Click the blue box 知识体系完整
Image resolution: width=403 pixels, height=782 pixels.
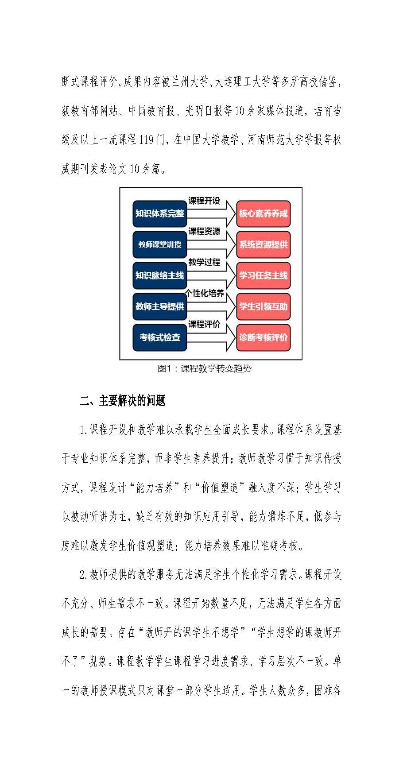coord(159,213)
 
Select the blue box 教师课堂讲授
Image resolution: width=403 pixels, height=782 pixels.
coord(159,244)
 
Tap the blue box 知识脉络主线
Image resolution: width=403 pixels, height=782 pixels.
coord(159,275)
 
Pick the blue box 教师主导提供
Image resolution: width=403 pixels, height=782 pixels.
coord(159,306)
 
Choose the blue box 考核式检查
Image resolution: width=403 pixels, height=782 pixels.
coord(159,337)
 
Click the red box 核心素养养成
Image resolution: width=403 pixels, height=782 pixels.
coord(263,213)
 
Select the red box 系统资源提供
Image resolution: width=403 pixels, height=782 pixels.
coord(263,244)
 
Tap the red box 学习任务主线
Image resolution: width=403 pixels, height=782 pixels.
coord(263,275)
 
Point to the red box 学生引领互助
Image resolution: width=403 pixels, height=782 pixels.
coord(263,306)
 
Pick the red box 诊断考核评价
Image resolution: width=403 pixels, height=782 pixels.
coord(263,337)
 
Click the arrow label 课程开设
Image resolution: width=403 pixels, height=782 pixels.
coord(204,201)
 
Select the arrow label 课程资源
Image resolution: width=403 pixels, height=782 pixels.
coord(204,232)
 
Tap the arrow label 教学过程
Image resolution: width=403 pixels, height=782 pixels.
coord(204,262)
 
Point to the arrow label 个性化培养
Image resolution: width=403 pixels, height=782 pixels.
coord(205,294)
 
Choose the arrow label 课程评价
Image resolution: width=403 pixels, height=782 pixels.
coord(204,325)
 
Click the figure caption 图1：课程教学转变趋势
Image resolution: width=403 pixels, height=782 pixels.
coord(205,369)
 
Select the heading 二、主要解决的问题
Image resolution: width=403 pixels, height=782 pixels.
coord(123,401)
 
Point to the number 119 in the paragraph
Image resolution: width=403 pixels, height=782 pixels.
coord(146,140)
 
